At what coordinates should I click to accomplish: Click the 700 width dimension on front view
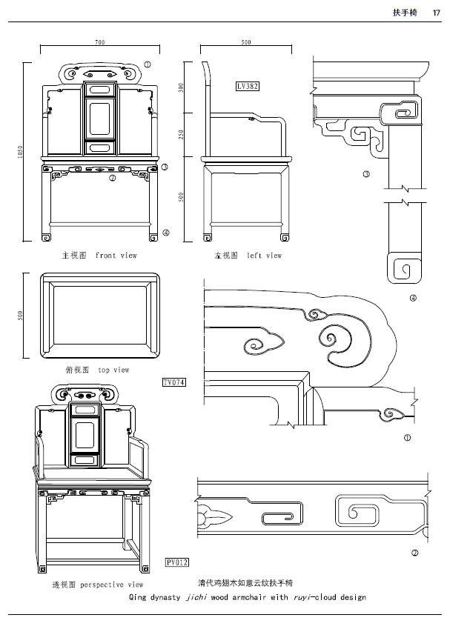click(x=100, y=42)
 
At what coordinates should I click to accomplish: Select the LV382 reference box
click(x=247, y=87)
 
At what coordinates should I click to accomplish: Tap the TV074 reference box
click(x=173, y=382)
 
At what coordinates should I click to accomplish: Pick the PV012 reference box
click(x=176, y=562)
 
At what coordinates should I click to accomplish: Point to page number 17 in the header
click(x=436, y=12)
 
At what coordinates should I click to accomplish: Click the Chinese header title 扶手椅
click(x=404, y=12)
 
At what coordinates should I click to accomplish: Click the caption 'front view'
click(x=116, y=256)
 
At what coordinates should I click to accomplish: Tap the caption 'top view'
click(x=113, y=370)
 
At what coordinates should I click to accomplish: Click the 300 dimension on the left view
click(x=181, y=87)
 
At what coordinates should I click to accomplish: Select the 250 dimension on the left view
click(x=181, y=134)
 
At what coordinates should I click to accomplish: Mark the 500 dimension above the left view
click(x=246, y=42)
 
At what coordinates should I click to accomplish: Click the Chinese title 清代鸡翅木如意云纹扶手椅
click(x=245, y=583)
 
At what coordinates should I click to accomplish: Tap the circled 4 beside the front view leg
click(x=166, y=233)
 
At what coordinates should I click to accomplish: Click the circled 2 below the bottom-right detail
click(x=414, y=552)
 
